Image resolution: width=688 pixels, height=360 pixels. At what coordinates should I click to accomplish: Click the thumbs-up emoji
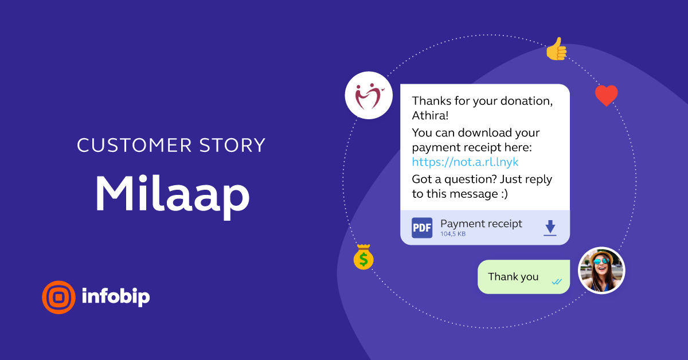click(556, 50)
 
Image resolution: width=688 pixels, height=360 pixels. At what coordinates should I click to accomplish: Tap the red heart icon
click(606, 96)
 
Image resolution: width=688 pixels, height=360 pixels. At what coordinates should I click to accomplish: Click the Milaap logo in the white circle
click(368, 95)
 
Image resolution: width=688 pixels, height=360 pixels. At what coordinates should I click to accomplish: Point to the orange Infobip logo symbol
click(58, 297)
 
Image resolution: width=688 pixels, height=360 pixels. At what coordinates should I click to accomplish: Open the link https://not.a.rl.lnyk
click(465, 162)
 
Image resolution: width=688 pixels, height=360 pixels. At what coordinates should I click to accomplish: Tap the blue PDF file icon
click(422, 228)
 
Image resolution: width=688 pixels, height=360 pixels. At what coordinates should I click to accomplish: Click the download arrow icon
click(550, 227)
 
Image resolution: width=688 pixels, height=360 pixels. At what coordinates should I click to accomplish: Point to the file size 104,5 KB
click(453, 234)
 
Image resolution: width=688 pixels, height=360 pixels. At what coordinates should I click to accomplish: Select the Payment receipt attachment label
click(481, 224)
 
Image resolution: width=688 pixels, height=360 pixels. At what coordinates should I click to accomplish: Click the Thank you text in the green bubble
click(513, 277)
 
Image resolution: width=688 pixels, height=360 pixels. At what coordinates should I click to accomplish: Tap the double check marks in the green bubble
click(556, 281)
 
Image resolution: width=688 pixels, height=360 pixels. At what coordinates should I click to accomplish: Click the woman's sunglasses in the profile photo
click(600, 262)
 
